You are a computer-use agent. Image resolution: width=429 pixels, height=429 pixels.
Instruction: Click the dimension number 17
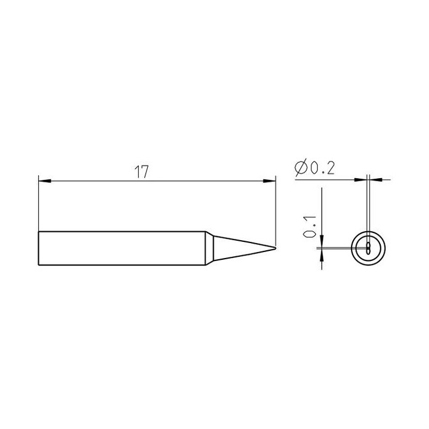[x=142, y=172]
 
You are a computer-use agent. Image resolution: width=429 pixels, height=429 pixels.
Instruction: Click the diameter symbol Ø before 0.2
[x=301, y=168]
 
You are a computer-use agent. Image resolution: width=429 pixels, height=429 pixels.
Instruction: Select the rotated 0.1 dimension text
[x=310, y=226]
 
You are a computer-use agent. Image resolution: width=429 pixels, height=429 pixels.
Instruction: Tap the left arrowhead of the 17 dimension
[x=45, y=181]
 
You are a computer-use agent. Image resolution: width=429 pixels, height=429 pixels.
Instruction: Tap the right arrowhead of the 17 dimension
[x=269, y=181]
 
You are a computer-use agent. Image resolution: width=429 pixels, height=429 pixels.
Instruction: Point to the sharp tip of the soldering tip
[x=275, y=248]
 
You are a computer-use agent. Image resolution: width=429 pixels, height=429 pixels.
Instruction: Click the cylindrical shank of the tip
[x=122, y=248]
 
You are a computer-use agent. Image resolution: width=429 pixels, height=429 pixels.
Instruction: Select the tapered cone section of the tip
[x=244, y=248]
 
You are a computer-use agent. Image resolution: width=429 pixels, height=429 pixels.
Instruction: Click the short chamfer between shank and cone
[x=209, y=248]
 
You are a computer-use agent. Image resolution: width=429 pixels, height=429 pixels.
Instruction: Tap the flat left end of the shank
[x=39, y=248]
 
